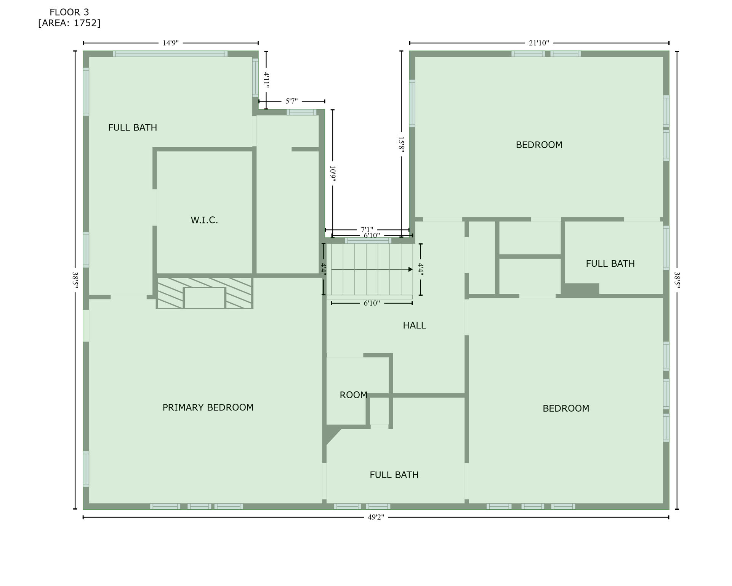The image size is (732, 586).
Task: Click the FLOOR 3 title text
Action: coord(69,12)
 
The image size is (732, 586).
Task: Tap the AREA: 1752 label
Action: coord(69,23)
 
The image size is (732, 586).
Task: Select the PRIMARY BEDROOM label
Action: coord(208,407)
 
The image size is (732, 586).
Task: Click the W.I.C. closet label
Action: coord(204,220)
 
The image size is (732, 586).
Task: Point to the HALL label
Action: coord(414,325)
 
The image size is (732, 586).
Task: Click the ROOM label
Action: coord(353,395)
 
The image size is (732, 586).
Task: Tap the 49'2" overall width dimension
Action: coord(376,517)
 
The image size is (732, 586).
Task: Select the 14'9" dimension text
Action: coord(170,43)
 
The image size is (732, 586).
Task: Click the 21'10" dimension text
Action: coord(539,43)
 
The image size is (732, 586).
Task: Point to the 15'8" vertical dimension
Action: coord(401,145)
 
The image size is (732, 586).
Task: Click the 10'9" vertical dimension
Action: coord(333,173)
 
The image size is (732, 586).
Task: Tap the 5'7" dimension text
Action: coord(292,101)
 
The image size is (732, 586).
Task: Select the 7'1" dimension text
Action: coord(367,229)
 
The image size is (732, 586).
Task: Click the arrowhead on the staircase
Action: coord(410,269)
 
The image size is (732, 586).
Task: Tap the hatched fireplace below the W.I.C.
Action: coord(204,293)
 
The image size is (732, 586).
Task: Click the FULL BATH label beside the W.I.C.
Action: coord(132,127)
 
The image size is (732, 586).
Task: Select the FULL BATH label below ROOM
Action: coord(394,475)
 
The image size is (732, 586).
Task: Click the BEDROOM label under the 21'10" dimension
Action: coord(539,145)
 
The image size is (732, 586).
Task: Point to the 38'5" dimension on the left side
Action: coord(75,280)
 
